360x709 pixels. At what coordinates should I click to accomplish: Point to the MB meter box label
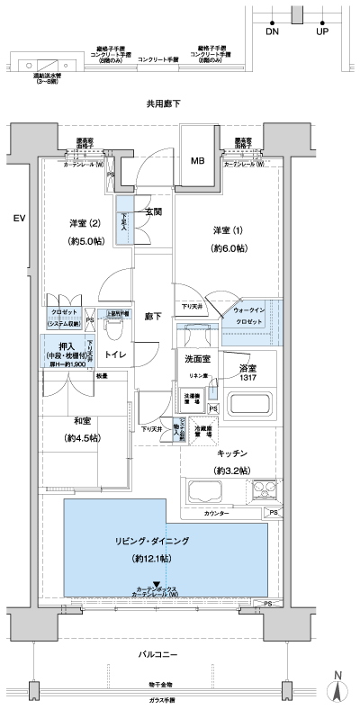[x=196, y=161]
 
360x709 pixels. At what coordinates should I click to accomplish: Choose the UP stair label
[x=322, y=30]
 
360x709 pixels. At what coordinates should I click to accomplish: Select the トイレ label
[x=114, y=356]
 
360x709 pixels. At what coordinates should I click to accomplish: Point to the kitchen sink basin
[x=205, y=492]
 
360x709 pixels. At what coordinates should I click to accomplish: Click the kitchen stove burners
[x=267, y=491]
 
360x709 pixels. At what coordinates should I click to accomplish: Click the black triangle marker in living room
[x=156, y=584]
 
